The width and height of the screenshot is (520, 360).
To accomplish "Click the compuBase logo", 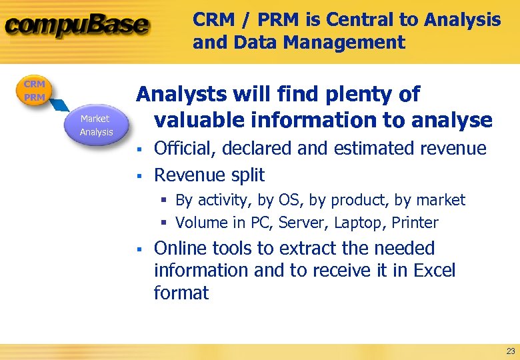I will coord(77,25).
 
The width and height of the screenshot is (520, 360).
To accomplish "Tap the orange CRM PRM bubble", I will coord(34,91).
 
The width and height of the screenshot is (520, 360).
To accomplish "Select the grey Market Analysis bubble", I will coord(96,125).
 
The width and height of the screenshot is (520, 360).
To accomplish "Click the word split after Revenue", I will coord(247,175).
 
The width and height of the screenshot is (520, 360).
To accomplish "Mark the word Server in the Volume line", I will coord(289,223).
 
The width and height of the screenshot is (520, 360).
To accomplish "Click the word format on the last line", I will coord(181,293).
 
